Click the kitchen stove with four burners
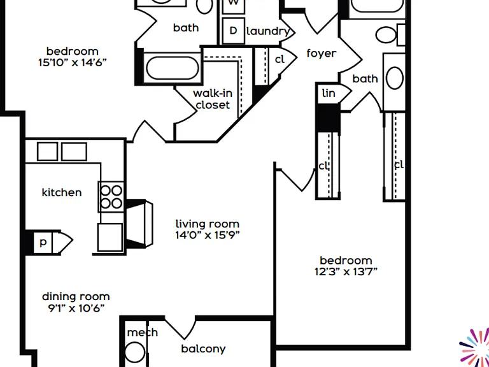click(111, 198)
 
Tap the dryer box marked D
click(233, 31)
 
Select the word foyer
click(322, 54)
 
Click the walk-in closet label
click(213, 99)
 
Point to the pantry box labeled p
click(43, 243)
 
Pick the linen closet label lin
click(329, 93)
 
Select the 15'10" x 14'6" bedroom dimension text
click(73, 62)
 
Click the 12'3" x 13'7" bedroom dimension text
click(346, 272)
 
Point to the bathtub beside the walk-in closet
click(173, 68)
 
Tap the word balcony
click(203, 349)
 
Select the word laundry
click(268, 31)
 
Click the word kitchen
click(62, 192)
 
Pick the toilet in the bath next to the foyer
click(386, 35)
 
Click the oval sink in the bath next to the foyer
click(395, 78)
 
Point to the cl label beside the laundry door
click(280, 59)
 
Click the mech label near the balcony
click(143, 333)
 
